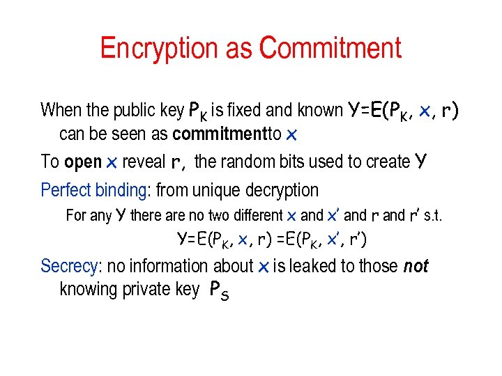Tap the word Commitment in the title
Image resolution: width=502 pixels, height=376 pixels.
point(330,49)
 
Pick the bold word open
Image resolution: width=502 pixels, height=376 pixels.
point(83,162)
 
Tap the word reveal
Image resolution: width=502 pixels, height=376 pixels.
point(144,162)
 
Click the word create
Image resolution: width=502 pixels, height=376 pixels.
point(386,162)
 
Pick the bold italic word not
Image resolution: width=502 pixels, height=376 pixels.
point(416,266)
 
